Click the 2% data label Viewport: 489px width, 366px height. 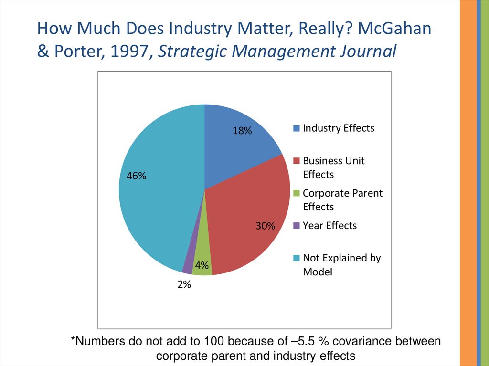pyautogui.click(x=184, y=285)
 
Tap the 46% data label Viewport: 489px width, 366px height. pyautogui.click(x=136, y=176)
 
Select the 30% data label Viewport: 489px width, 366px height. pyautogui.click(x=265, y=226)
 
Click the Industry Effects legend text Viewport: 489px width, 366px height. pyautogui.click(x=339, y=128)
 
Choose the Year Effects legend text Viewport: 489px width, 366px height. pyautogui.click(x=330, y=225)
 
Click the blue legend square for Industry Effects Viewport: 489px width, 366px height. pyautogui.click(x=296, y=128)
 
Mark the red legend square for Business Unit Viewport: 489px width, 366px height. pyautogui.click(x=296, y=161)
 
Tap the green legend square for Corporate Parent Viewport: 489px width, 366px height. pyautogui.click(x=296, y=193)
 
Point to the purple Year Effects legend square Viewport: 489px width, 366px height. pyautogui.click(x=296, y=226)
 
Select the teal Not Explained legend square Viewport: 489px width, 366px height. pyautogui.click(x=296, y=258)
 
